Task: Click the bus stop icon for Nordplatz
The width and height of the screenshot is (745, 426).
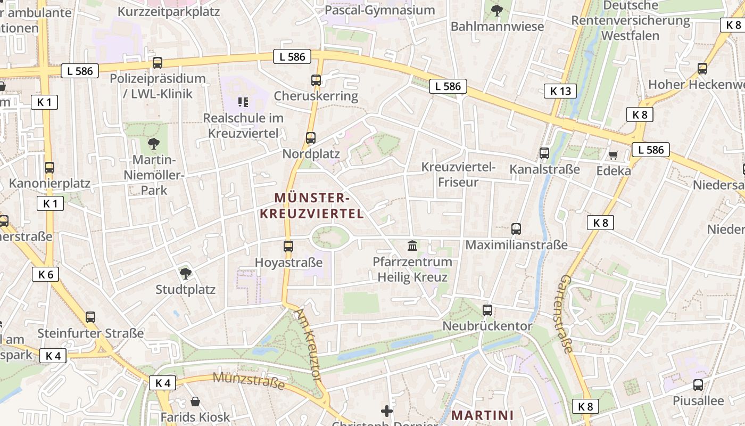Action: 311,138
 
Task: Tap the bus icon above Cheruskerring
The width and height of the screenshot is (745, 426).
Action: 316,80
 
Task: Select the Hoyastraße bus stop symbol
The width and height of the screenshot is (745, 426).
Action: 288,246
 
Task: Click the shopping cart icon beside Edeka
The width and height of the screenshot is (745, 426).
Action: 614,155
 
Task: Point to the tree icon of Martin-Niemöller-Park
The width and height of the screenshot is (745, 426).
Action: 154,143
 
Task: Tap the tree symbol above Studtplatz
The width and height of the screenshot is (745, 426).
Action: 185,274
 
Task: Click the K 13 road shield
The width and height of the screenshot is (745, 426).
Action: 560,91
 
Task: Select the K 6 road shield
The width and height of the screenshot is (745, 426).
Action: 46,274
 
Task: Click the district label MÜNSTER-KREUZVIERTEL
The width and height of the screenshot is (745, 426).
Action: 311,206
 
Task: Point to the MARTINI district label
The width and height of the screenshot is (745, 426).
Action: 483,415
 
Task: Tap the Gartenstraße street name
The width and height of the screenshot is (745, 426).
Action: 566,314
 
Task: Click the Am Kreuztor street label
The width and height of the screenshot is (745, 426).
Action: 309,344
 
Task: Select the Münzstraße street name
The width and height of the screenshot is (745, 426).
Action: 249,381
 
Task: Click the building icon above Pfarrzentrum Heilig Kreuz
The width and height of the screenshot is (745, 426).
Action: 412,245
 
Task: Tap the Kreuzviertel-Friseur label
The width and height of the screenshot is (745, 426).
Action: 458,175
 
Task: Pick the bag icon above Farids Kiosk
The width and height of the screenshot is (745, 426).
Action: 195,401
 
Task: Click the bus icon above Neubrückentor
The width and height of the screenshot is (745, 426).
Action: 487,310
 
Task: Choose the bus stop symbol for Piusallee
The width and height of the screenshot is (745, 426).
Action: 698,384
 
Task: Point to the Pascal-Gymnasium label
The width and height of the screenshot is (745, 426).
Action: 379,10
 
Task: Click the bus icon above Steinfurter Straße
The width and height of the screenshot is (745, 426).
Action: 90,317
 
